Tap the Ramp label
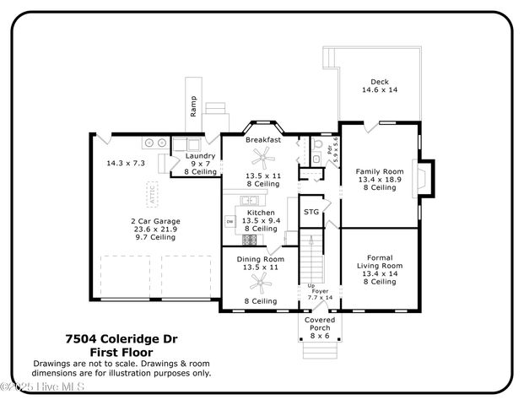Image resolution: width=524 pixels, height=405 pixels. point(193,107)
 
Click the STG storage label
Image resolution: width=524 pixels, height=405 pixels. point(311,212)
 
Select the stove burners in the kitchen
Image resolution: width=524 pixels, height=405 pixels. point(249,239)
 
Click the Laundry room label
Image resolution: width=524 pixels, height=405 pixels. point(201,161)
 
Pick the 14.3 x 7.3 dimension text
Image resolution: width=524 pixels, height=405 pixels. point(126,162)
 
